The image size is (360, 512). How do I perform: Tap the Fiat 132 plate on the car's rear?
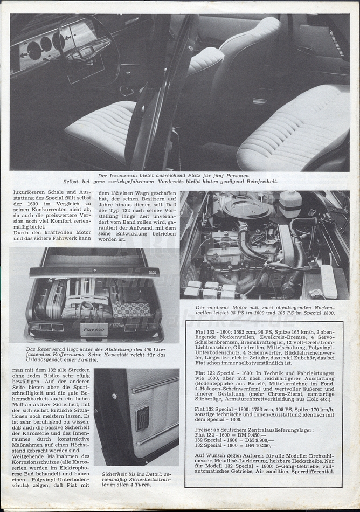[x=94, y=329]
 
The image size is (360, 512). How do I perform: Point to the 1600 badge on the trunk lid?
[x=152, y=272]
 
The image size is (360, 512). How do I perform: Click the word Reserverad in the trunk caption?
[x=50, y=350]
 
